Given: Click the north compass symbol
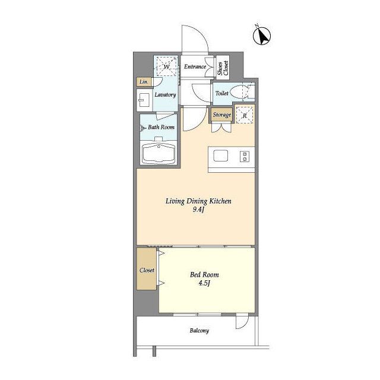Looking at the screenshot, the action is click(262, 36).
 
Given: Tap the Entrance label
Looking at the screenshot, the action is click(195, 66).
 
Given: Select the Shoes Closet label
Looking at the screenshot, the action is click(223, 68).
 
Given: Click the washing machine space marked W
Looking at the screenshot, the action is click(166, 66).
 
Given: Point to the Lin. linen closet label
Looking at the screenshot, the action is click(144, 82).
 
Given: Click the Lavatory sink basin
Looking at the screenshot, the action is click(144, 100).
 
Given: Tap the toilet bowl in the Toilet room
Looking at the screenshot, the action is click(238, 93).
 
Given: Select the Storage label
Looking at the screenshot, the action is click(221, 115).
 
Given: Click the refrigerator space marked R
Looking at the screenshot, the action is click(245, 115).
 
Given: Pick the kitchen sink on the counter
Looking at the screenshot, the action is click(220, 156).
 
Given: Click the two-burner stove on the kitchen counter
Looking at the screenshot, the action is click(245, 156).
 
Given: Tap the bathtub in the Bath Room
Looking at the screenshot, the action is click(159, 154).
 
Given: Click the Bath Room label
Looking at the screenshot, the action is click(161, 127).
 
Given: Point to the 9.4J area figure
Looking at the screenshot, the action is click(198, 210).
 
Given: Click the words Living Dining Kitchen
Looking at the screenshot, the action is click(198, 201).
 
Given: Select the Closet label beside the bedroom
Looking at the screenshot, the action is click(147, 270).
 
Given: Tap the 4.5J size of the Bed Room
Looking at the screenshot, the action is click(204, 283).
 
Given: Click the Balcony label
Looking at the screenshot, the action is click(199, 331).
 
